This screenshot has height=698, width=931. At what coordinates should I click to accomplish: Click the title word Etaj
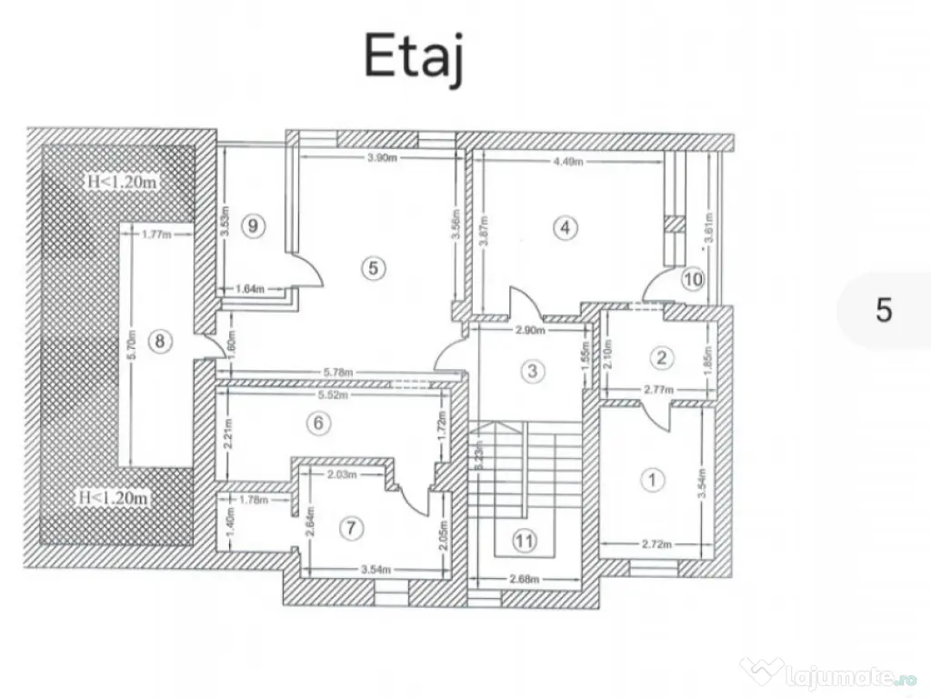pos(414,56)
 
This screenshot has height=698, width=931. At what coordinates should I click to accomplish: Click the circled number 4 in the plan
pos(566,228)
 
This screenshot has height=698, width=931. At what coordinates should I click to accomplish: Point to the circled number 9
pos(255,227)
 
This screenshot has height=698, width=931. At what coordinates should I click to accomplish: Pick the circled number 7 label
pos(351,527)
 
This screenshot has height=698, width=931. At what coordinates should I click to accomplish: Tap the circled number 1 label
pos(651,478)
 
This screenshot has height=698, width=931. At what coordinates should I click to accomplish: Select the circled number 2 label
pos(663,357)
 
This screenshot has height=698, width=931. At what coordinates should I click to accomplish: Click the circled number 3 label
pos(534,370)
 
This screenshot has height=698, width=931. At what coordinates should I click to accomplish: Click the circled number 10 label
pos(693,279)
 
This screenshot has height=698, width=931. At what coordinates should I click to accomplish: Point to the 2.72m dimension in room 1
pos(656,545)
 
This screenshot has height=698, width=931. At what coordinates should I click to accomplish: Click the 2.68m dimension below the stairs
pos(524,579)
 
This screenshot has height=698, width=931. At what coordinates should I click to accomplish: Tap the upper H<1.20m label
pos(122,182)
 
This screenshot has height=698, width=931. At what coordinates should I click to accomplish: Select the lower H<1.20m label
pos(114,498)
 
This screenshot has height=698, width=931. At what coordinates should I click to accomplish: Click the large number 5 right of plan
pos(884,310)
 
